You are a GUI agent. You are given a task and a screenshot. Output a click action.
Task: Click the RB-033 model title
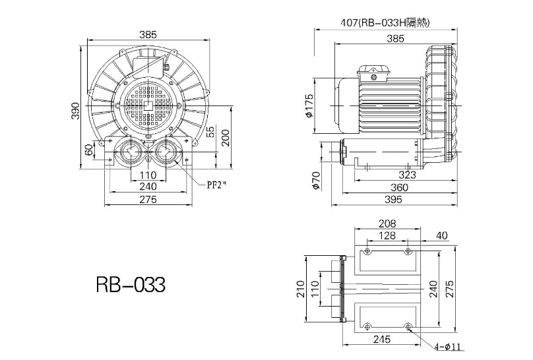(x=131, y=284)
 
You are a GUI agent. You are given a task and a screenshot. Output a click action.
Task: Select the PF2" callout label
(x=216, y=185)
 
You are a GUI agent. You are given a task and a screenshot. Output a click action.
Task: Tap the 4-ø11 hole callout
(x=448, y=347)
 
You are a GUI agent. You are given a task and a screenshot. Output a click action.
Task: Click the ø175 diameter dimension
(x=309, y=105)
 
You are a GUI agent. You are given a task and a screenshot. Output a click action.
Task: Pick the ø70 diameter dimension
(x=316, y=181)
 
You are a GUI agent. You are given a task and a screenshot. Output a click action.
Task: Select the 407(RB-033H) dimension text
(x=385, y=23)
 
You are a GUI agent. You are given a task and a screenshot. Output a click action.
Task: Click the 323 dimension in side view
(x=407, y=175)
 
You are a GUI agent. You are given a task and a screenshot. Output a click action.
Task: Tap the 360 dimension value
(x=399, y=187)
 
